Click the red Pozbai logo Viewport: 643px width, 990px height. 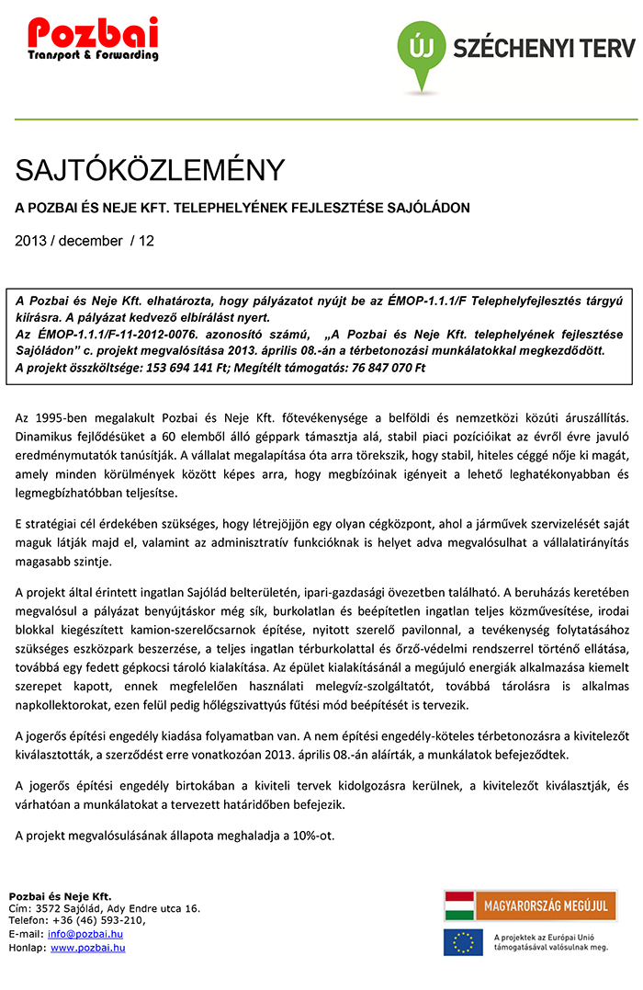[93, 39]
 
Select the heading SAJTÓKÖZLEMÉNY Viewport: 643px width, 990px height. [150, 170]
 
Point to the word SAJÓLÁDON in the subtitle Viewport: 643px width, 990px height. [428, 209]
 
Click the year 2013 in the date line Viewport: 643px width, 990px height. [30, 241]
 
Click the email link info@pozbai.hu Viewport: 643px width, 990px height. [86, 934]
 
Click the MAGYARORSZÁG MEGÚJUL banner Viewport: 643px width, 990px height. [530, 905]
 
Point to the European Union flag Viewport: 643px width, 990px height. [463, 942]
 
